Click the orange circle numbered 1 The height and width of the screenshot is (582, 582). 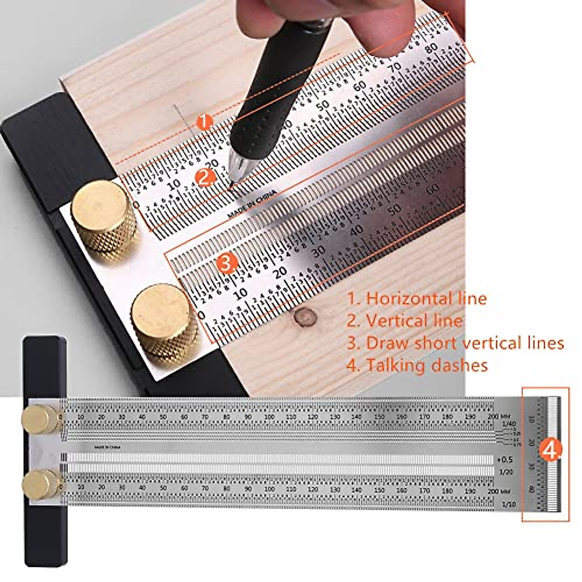click(205, 122)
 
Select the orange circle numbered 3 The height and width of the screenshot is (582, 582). click(226, 263)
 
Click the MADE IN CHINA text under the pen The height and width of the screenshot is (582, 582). click(252, 204)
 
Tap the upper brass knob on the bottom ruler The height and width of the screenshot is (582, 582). click(41, 420)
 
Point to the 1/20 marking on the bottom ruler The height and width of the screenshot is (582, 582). click(505, 472)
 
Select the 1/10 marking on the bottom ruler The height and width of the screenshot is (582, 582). click(509, 504)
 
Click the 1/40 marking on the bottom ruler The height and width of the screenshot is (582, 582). click(509, 424)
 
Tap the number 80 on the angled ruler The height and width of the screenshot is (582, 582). click(431, 49)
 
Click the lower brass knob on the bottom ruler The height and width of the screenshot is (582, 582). click(41, 484)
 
